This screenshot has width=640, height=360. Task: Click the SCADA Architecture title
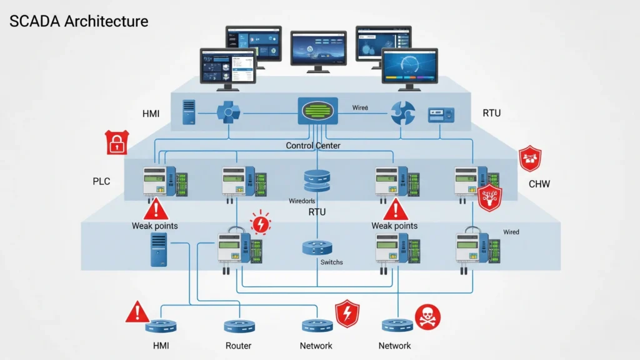(79, 21)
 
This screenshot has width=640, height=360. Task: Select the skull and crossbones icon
(427, 317)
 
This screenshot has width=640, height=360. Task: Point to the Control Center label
(313, 146)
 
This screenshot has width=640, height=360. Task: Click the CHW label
(539, 184)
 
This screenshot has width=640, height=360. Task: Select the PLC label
(102, 181)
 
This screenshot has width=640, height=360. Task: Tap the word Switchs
(331, 262)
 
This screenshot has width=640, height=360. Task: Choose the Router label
(238, 346)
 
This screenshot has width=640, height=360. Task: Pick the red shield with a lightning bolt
(347, 314)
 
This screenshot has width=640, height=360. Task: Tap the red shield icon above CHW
(530, 158)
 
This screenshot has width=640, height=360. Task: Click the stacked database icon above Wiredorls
(316, 180)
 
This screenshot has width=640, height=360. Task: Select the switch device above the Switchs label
(316, 247)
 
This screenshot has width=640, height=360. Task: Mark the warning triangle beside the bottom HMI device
(137, 312)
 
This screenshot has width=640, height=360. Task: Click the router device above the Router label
(237, 326)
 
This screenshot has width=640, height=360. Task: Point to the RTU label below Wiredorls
(317, 212)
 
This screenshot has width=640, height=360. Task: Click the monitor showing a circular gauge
(409, 67)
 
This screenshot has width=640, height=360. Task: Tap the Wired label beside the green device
(360, 108)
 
